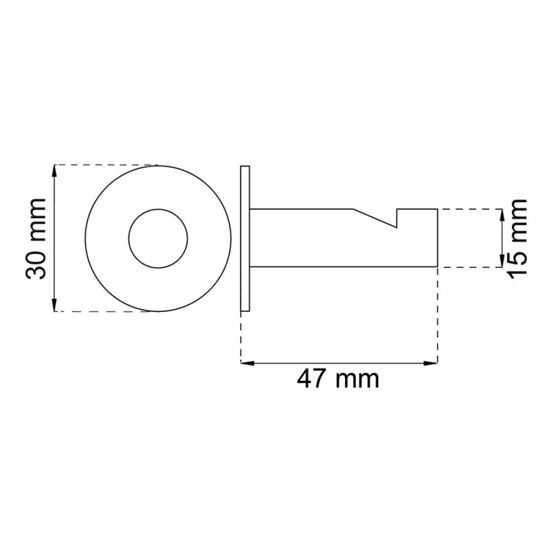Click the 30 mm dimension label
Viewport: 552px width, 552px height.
click(36, 239)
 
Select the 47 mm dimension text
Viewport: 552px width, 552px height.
click(338, 379)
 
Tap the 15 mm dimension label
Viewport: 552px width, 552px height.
click(517, 238)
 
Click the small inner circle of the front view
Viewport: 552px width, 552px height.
click(158, 238)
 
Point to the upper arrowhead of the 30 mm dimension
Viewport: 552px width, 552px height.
click(54, 171)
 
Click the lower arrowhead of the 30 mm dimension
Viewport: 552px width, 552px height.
click(54, 305)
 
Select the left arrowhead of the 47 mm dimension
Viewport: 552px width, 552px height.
click(247, 363)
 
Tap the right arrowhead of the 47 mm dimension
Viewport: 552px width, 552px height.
click(431, 363)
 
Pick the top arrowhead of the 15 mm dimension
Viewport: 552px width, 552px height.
click(502, 215)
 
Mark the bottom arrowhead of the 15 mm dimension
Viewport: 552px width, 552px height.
click(502, 261)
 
